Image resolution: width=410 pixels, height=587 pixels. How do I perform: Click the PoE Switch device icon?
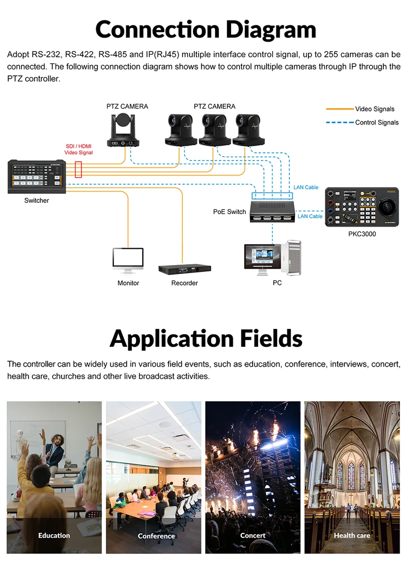(x=273, y=211)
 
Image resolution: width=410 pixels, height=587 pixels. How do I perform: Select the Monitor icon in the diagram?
(x=128, y=260)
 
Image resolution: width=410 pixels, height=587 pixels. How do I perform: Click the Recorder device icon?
(x=184, y=270)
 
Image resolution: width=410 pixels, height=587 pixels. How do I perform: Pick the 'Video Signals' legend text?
(x=375, y=109)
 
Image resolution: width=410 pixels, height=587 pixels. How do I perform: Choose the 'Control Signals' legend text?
(x=377, y=123)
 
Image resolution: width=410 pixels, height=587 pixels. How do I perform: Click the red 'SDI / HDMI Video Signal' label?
(x=79, y=149)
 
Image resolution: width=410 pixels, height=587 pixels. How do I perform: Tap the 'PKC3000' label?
(x=362, y=234)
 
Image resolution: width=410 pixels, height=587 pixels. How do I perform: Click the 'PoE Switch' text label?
(x=229, y=212)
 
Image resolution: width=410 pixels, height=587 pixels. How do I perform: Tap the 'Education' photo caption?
(x=54, y=536)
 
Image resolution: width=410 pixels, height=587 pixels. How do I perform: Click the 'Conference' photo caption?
(x=156, y=536)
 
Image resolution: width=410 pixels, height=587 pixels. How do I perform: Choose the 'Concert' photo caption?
(x=253, y=536)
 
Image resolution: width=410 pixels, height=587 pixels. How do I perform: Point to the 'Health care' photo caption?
(x=352, y=536)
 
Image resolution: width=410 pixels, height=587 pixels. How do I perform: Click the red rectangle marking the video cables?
(x=78, y=169)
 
